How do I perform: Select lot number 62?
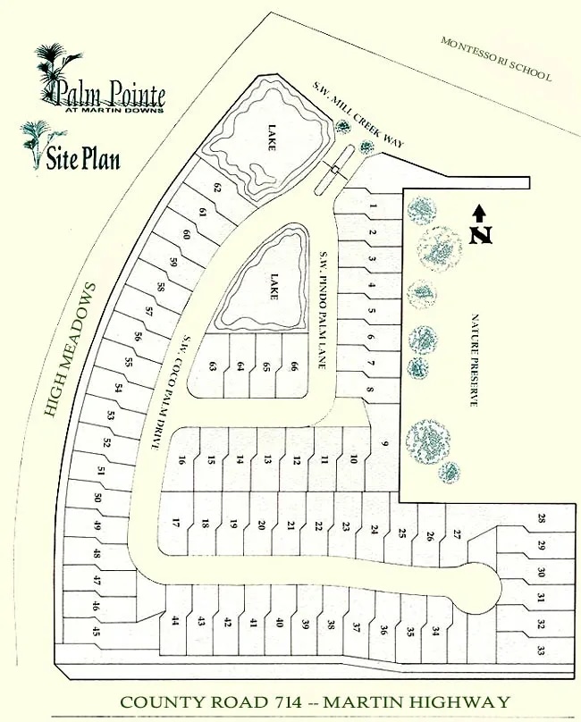click(x=217, y=188)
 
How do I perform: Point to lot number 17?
click(x=177, y=524)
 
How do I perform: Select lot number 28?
click(x=541, y=519)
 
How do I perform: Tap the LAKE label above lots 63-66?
click(x=274, y=288)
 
